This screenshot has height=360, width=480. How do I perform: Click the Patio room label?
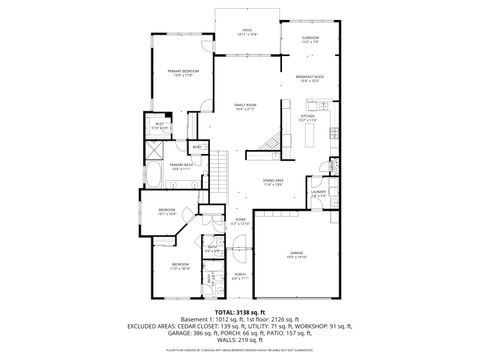247,31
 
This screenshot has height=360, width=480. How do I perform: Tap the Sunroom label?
309,39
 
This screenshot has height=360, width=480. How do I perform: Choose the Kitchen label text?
309,117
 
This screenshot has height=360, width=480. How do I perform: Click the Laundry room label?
318,193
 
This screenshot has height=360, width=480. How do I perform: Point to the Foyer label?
241,221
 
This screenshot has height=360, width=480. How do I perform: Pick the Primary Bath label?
180,166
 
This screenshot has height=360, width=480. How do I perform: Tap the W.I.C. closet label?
157,127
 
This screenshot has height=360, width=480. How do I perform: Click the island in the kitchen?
309,134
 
